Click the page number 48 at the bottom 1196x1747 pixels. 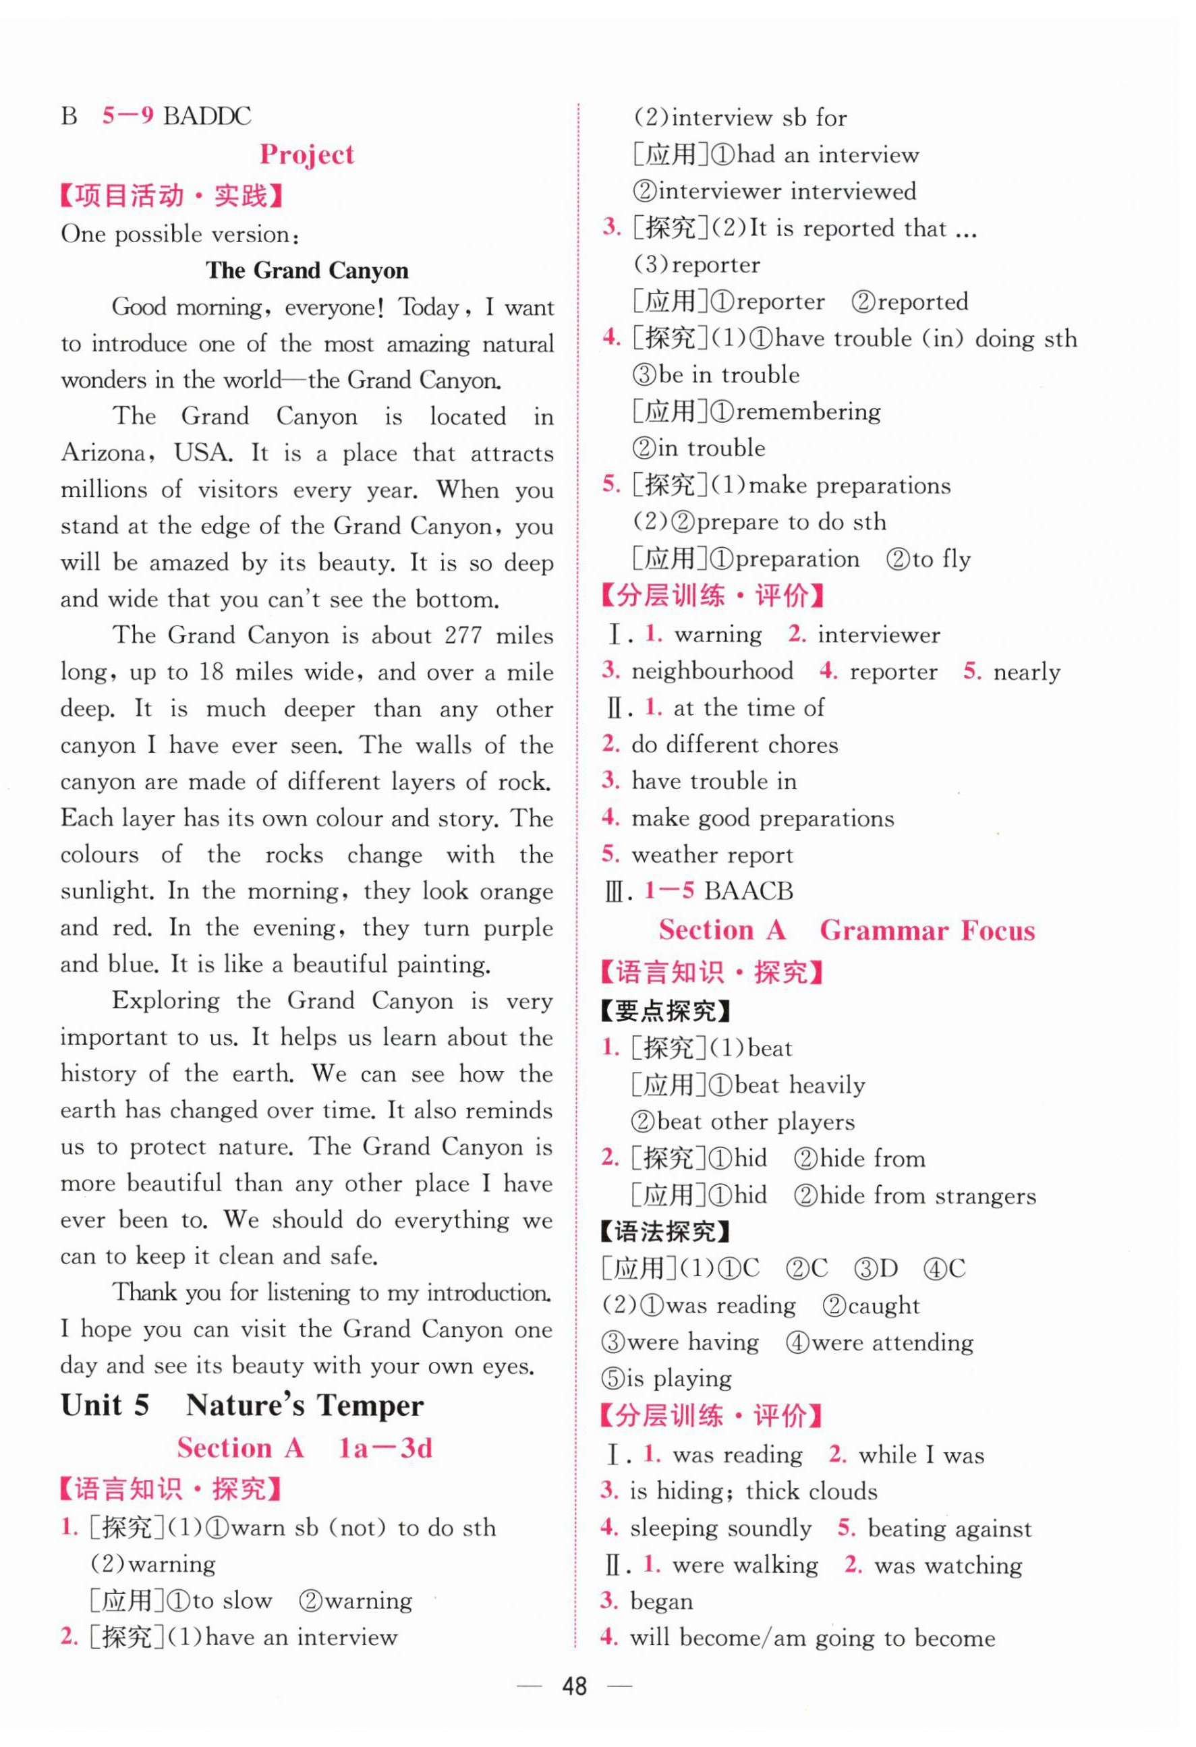(574, 1686)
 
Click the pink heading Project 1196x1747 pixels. (307, 155)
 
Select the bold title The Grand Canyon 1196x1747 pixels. (307, 270)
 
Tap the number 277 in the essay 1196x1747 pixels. (463, 636)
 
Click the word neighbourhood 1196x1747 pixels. (712, 671)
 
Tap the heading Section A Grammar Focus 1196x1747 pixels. (847, 931)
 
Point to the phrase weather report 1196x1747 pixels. (712, 855)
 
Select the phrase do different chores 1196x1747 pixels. (735, 745)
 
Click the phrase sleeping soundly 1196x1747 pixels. (721, 1528)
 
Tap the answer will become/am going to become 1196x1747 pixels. (813, 1638)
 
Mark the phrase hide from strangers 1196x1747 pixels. (927, 1196)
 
